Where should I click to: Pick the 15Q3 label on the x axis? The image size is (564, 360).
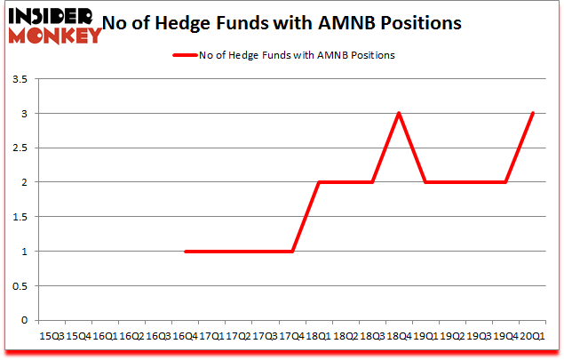click(x=52, y=337)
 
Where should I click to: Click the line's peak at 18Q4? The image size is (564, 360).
click(x=400, y=114)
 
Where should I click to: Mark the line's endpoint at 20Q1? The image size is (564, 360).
click(x=532, y=114)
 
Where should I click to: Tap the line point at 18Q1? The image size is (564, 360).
click(x=320, y=182)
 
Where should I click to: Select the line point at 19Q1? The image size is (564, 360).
click(x=426, y=182)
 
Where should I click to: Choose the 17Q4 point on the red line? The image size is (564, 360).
click(x=293, y=252)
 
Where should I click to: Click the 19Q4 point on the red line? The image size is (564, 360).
click(x=505, y=182)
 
